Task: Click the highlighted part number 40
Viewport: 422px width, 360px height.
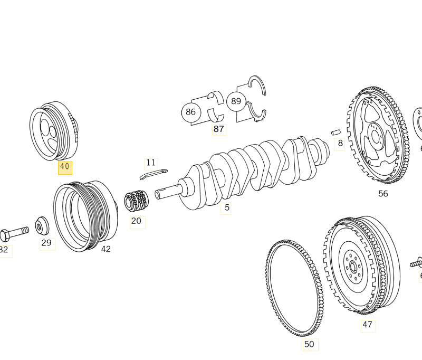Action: (x=65, y=167)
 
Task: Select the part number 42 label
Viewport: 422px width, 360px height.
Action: (x=105, y=249)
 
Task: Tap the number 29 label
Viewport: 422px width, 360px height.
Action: (x=46, y=243)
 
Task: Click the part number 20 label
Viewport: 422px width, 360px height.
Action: (x=136, y=221)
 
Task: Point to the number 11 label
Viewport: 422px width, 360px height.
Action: (x=151, y=163)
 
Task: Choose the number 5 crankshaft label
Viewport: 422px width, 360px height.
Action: (x=227, y=207)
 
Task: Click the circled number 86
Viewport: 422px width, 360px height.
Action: (x=190, y=112)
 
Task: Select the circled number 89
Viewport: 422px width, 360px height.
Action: (x=236, y=101)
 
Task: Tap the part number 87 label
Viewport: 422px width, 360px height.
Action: (x=218, y=128)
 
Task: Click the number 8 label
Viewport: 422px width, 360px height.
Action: (x=340, y=143)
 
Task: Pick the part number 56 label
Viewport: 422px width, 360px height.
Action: (x=383, y=194)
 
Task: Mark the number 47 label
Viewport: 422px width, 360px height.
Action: (x=367, y=325)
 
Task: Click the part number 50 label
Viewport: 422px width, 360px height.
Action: (x=309, y=344)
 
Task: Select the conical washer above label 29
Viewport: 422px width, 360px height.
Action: (x=42, y=225)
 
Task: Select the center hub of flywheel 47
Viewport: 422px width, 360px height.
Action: (x=352, y=264)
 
